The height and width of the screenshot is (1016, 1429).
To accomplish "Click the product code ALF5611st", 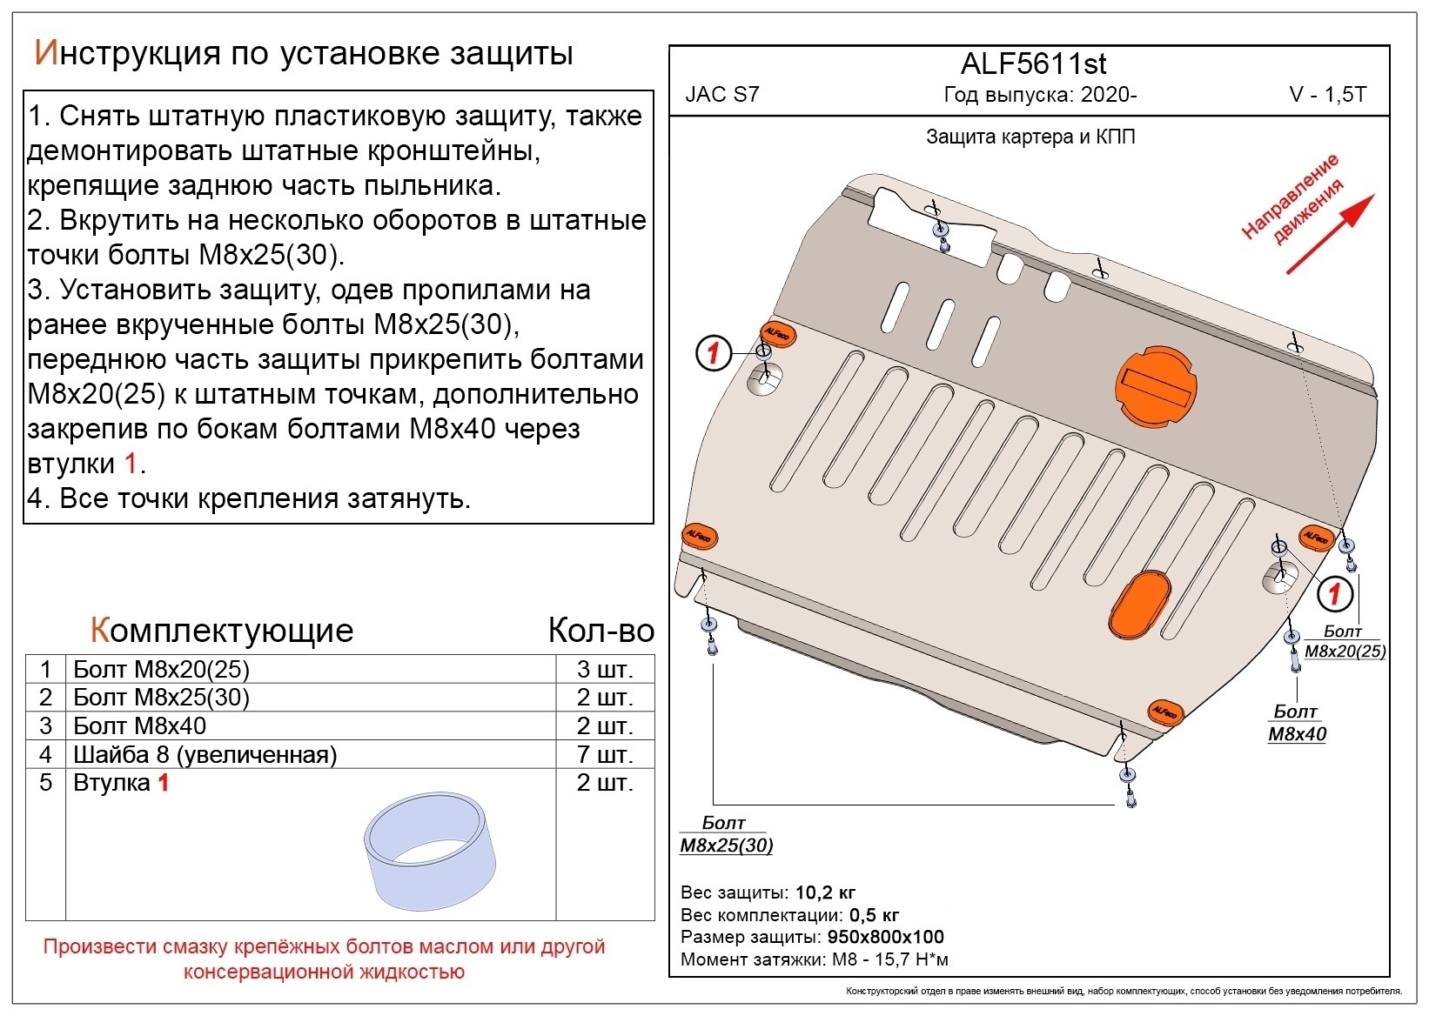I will [1033, 64].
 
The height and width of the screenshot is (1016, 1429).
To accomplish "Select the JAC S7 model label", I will [721, 95].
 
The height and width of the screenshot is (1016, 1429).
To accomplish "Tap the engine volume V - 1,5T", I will [1327, 95].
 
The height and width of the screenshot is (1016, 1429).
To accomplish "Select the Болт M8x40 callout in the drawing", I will [1296, 723].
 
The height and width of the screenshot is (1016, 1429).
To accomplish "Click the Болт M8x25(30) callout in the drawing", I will [725, 834].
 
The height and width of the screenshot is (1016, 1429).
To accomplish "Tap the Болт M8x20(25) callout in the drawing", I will [1344, 642].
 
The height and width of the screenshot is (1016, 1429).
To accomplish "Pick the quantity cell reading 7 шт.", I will [604, 754].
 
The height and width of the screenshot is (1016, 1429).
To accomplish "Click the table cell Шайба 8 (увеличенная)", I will [205, 754].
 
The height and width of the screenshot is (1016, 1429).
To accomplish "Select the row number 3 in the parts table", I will [45, 725].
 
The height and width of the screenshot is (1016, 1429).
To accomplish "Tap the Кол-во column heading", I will [600, 630].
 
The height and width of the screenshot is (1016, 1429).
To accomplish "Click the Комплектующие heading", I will [222, 630].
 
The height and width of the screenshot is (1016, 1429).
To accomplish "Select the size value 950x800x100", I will [884, 937].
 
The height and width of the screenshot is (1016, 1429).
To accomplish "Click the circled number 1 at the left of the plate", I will [713, 353].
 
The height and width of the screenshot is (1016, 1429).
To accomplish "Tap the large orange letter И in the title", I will [45, 53].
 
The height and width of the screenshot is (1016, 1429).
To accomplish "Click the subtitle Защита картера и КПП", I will [1030, 137].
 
